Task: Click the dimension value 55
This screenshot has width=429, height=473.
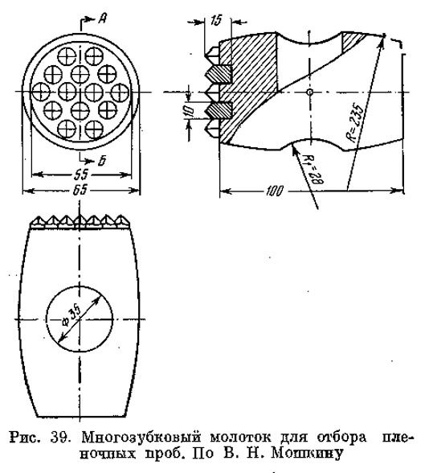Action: coord(80,175)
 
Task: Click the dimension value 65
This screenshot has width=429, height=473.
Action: coord(80,190)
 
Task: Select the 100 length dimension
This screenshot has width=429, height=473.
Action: coord(275,191)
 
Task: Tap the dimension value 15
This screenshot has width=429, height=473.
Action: coord(216,21)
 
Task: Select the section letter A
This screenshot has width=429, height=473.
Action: coord(102,19)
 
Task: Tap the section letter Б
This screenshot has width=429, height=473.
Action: coord(102,162)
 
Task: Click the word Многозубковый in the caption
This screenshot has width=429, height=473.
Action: coord(141,438)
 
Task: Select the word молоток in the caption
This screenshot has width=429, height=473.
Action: coord(240,438)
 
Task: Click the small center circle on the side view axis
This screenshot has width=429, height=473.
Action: coord(309,92)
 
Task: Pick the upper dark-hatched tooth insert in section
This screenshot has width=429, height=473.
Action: coord(219,74)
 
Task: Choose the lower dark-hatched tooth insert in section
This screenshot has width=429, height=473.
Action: coord(219,110)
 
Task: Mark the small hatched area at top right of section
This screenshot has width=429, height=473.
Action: coord(352,40)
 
